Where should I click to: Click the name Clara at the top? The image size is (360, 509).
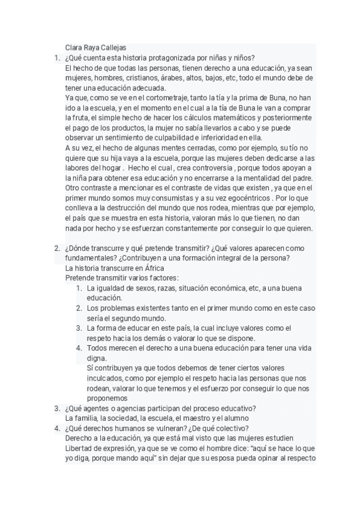tap(74, 48)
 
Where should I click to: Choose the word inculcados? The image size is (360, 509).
tap(105, 379)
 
